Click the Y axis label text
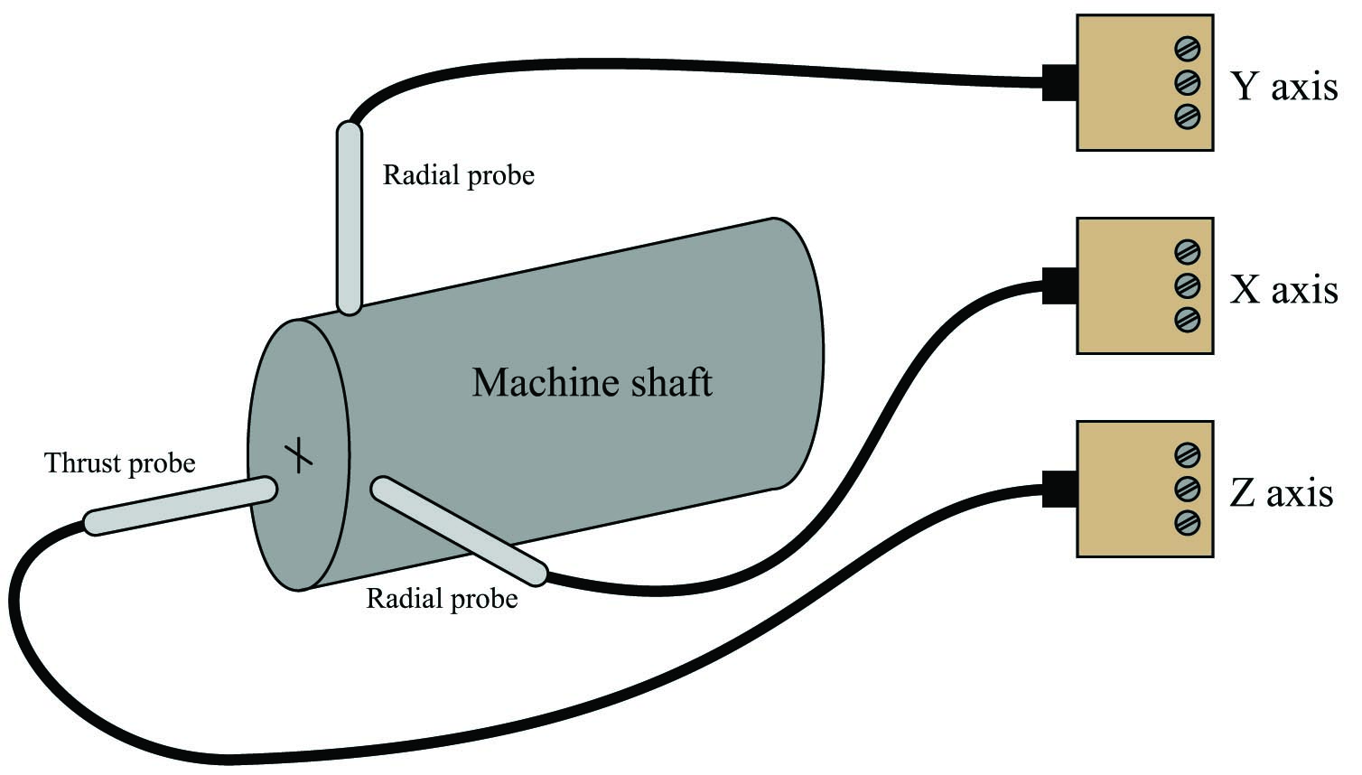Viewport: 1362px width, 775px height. click(x=1283, y=87)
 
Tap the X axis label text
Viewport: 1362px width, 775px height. click(x=1283, y=289)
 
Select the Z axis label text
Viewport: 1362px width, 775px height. click(x=1281, y=492)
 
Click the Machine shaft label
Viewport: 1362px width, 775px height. click(x=592, y=382)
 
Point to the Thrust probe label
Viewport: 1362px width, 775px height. click(x=120, y=463)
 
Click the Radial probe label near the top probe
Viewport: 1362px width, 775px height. click(x=459, y=175)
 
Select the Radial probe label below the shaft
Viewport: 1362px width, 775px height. click(x=442, y=599)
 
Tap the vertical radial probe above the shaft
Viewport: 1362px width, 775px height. click(x=349, y=219)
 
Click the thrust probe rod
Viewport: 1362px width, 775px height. click(x=180, y=506)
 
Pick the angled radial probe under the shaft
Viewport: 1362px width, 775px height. click(x=459, y=532)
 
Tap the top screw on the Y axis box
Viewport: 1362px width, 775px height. click(x=1187, y=49)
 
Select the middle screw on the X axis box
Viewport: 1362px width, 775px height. click(x=1187, y=286)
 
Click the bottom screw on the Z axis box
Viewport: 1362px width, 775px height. click(x=1187, y=523)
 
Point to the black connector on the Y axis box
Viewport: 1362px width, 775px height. click(x=1059, y=83)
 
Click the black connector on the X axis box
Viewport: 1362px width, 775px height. click(x=1059, y=286)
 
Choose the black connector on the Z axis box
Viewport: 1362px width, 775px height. click(x=1059, y=489)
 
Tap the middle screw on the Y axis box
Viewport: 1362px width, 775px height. click(x=1187, y=83)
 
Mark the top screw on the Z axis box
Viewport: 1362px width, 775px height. click(x=1187, y=455)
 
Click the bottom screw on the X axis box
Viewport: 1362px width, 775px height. click(x=1187, y=320)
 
